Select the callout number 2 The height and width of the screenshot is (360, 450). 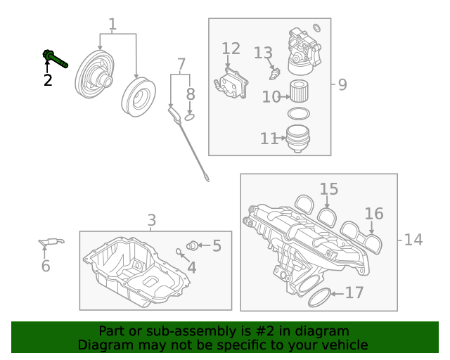pos(48,80)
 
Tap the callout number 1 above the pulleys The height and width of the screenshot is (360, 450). pos(112,25)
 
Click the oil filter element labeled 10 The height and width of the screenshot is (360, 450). pos(300,91)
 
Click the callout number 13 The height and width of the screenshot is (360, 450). pos(262,53)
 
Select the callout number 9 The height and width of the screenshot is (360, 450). pos(342,85)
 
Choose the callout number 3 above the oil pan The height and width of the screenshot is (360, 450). pos(152,221)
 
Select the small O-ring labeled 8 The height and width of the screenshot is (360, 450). pos(190,117)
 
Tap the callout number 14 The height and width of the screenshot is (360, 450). pos(413,240)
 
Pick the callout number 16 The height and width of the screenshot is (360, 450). pos(374,214)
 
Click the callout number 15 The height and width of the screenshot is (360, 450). pos(329,188)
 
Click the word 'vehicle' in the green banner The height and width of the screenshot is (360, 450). pos(344,345)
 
